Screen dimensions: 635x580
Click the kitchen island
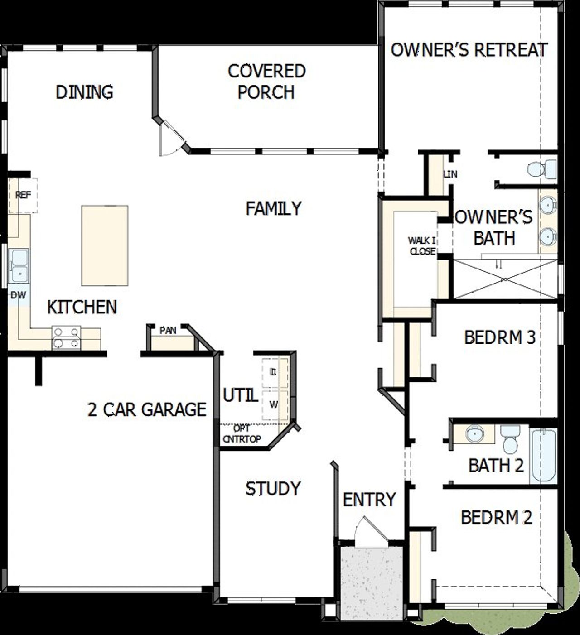[x=105, y=245]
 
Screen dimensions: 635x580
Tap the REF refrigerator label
[x=23, y=195]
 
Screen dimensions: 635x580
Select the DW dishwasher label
[x=19, y=295]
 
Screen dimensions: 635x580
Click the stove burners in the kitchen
[x=66, y=338]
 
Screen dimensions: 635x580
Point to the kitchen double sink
[x=19, y=265]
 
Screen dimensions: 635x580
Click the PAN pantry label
[x=168, y=331]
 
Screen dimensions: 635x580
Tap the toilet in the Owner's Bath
[x=542, y=169]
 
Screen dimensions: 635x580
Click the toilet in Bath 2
[x=511, y=439]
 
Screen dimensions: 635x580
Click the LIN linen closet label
[x=450, y=174]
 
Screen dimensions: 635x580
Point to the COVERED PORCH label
[x=266, y=82]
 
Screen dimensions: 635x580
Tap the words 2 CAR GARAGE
[x=147, y=409]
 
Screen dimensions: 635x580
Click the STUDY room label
[x=273, y=489]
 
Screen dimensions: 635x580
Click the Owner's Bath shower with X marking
[x=505, y=279]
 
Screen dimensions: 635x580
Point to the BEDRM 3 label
[x=500, y=337]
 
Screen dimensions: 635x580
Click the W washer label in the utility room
[x=273, y=405]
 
